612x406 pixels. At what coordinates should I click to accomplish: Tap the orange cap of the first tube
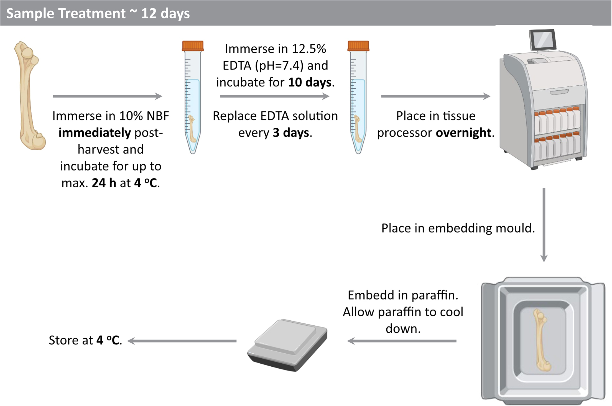click(193, 46)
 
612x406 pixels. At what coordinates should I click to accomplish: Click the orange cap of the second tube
click(358, 46)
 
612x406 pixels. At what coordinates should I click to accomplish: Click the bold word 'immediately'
click(95, 133)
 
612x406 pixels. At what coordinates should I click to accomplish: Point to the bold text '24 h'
click(104, 183)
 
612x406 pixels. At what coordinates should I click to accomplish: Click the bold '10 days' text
click(310, 82)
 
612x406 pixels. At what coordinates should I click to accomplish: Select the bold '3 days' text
click(291, 133)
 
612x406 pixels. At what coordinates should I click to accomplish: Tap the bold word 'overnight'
click(463, 133)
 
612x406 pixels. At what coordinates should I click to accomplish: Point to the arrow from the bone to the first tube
click(108, 96)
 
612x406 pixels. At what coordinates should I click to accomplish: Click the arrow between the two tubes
click(275, 96)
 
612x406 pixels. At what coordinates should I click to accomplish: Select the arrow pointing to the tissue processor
click(436, 96)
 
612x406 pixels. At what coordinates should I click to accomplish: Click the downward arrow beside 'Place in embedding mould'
click(544, 225)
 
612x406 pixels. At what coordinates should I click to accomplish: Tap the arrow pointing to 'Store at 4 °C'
click(182, 341)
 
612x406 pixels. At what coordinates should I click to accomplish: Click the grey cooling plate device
click(287, 345)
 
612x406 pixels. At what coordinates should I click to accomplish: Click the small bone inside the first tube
click(192, 129)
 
